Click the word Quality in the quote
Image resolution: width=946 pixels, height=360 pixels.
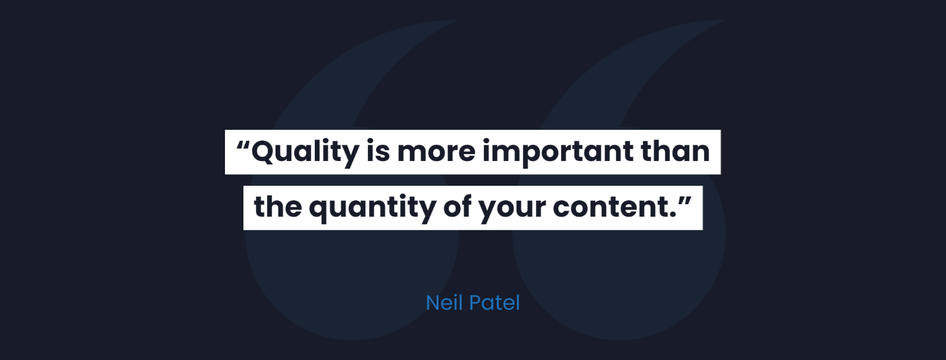point(305,152)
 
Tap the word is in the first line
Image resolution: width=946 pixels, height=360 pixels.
point(378,151)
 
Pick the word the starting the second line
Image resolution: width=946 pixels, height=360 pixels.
point(278,206)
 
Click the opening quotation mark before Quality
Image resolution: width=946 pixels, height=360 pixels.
point(243,145)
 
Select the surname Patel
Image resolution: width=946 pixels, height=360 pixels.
point(494,302)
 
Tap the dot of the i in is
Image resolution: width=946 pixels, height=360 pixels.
point(371,141)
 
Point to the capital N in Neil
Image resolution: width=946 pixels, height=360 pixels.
point(433,302)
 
